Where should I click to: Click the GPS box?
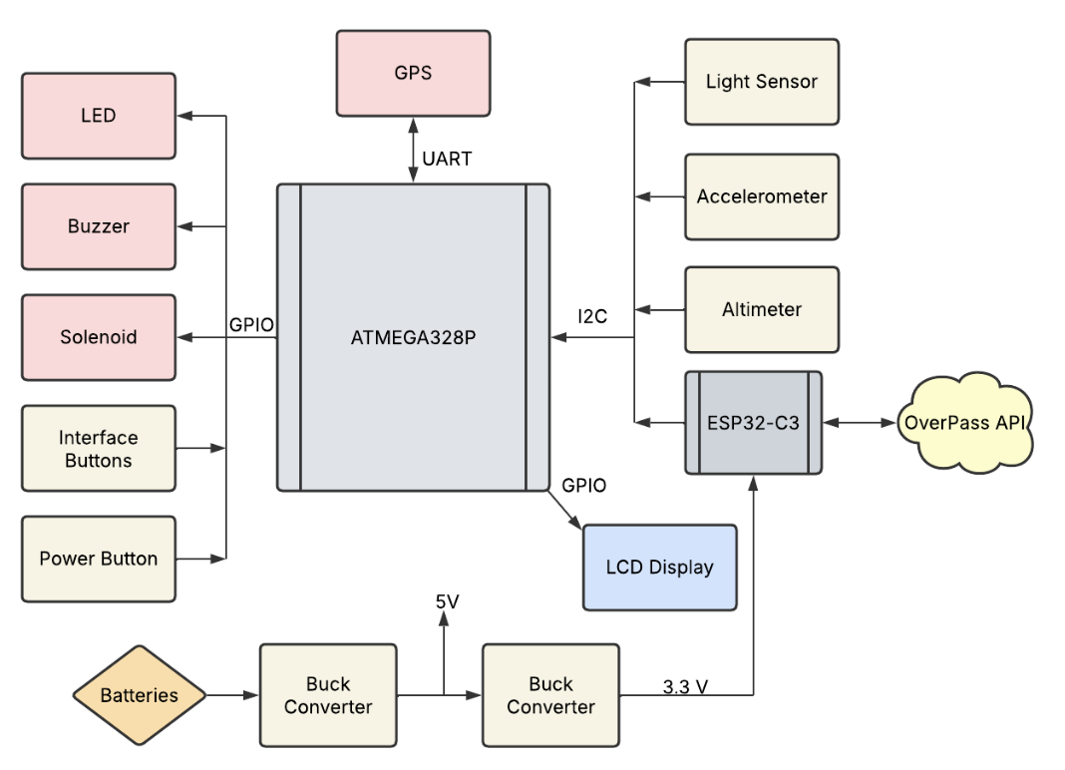(413, 73)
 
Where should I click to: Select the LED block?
(99, 116)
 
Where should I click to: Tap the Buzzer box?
(99, 226)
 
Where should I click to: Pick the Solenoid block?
(99, 337)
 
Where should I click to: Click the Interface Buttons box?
(99, 449)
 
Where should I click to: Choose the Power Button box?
(99, 559)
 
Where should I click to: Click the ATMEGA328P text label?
(413, 337)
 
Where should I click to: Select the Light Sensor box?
(762, 82)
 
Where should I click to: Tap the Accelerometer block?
(762, 196)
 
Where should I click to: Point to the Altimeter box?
(762, 309)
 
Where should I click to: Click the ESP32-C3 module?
(753, 422)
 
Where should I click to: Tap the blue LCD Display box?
(659, 568)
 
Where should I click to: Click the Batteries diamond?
(140, 695)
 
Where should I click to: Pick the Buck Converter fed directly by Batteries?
(328, 695)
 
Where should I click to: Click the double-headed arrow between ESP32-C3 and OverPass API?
(859, 423)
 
